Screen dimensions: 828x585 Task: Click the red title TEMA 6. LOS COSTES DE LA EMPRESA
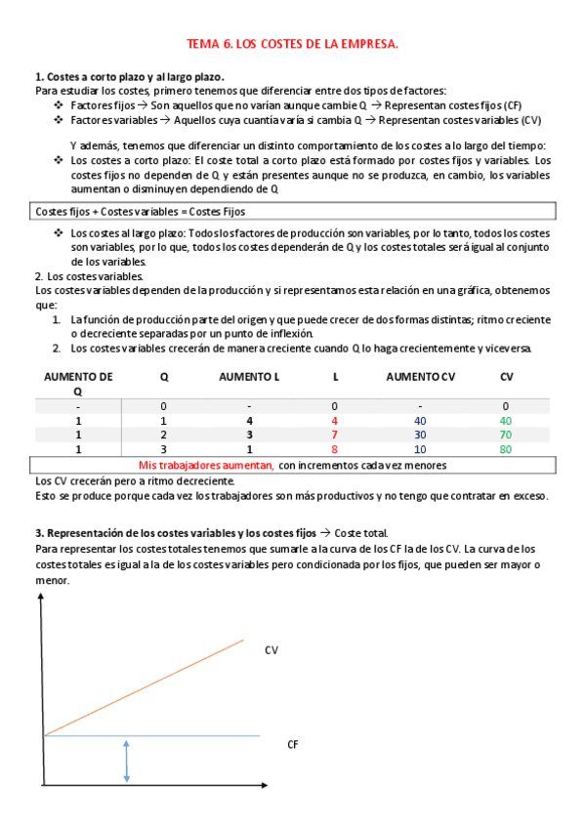pos(292,45)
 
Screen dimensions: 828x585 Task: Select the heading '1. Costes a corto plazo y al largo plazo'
pos(129,76)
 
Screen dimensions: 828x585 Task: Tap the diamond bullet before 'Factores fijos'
pos(60,104)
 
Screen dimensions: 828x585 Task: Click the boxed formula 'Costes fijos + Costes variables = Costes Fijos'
pos(141,211)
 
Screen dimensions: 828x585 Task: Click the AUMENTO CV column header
pos(420,376)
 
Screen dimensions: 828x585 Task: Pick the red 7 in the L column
pos(334,435)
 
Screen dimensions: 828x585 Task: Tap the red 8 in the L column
pos(334,449)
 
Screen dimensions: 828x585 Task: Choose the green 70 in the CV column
pos(505,435)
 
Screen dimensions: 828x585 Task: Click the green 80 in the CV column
pos(505,449)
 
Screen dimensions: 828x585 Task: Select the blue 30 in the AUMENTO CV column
pos(420,435)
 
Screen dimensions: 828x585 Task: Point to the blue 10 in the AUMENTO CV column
pos(420,449)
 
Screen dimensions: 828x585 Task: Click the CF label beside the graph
pos(292,744)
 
